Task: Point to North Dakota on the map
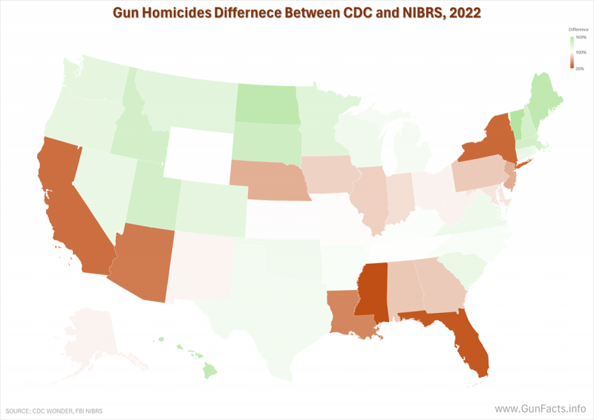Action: (x=267, y=104)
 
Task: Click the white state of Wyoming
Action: (x=198, y=152)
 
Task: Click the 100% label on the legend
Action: (x=581, y=52)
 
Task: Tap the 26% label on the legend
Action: (x=580, y=68)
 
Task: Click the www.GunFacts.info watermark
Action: (x=541, y=409)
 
